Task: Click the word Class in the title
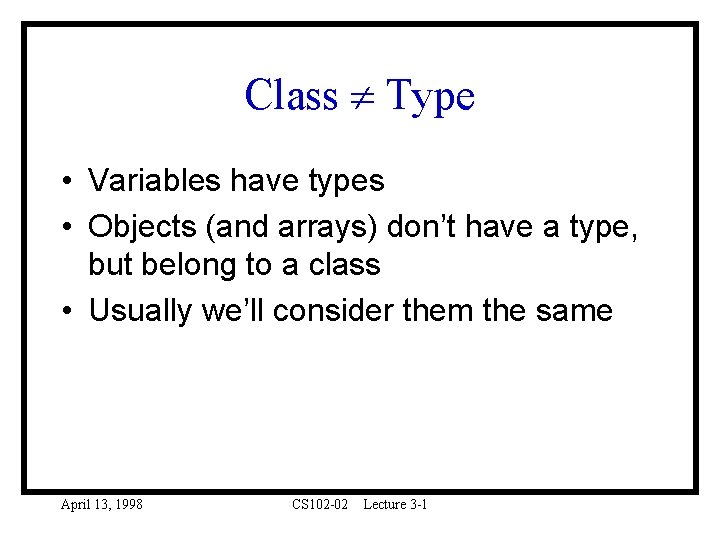pos(291,96)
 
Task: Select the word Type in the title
pos(429,97)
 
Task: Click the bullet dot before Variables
pos(63,182)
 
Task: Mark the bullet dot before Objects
pos(63,228)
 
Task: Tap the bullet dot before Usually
pos(63,311)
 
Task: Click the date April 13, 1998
pos(102,505)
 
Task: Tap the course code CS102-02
pos(320,505)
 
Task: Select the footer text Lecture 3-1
pos(395,505)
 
